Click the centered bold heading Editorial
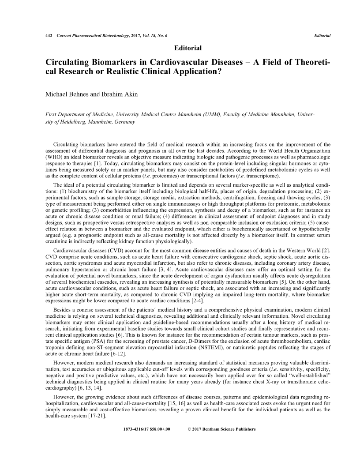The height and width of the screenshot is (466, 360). point(188,48)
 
